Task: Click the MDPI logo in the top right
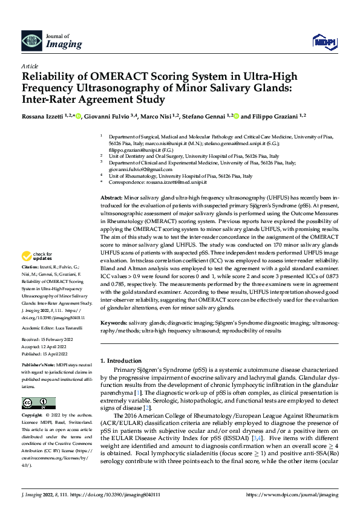coord(325,41)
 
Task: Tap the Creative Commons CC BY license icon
coord(38,403)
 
